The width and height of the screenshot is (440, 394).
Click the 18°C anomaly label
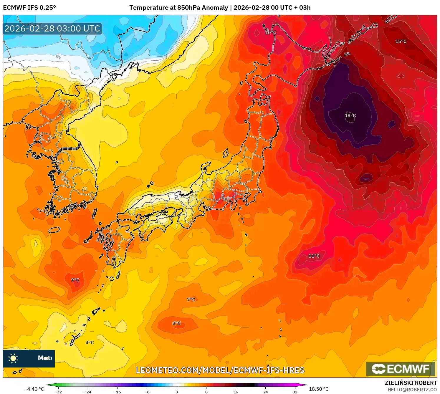pyautogui.click(x=350, y=115)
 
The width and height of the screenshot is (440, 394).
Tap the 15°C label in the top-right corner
pyautogui.click(x=401, y=42)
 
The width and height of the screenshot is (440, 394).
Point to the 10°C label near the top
pyautogui.click(x=270, y=32)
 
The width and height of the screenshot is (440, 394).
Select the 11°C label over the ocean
pyautogui.click(x=314, y=256)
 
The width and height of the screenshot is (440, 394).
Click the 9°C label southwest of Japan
pyautogui.click(x=75, y=280)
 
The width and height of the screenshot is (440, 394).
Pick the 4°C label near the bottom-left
pyautogui.click(x=90, y=342)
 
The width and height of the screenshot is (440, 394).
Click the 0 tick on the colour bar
pyautogui.click(x=177, y=392)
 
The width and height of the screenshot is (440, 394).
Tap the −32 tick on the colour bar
pyautogui.click(x=58, y=392)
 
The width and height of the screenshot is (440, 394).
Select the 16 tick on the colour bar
pyautogui.click(x=236, y=392)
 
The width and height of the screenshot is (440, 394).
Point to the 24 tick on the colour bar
pyautogui.click(x=265, y=392)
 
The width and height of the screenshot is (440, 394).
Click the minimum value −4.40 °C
pyautogui.click(x=34, y=389)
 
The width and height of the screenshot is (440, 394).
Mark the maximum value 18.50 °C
pyautogui.click(x=319, y=389)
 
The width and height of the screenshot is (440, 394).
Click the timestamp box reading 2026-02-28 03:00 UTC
pyautogui.click(x=52, y=29)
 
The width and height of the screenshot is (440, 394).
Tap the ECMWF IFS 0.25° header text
pyautogui.click(x=29, y=8)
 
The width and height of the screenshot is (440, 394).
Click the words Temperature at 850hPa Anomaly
pyautogui.click(x=178, y=8)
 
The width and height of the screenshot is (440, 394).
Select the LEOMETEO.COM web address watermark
pyautogui.click(x=220, y=370)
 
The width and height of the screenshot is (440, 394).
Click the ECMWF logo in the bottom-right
pyautogui.click(x=401, y=369)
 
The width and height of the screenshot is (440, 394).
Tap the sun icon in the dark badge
pyautogui.click(x=13, y=358)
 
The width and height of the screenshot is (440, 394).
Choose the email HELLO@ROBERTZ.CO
pyautogui.click(x=412, y=390)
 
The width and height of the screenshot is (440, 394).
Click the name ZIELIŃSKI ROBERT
pyautogui.click(x=411, y=383)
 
